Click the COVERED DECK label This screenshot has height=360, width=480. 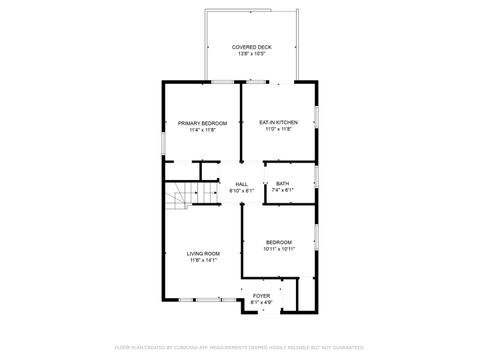click(251, 47)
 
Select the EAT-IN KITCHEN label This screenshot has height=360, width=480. click(278, 123)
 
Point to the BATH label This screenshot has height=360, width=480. click(282, 183)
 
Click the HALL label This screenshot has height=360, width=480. click(241, 184)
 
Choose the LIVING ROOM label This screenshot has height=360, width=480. click(203, 254)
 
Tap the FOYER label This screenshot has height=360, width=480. click(261, 296)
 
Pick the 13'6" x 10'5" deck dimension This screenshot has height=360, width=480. click(251, 53)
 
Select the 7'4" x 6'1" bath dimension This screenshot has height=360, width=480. click(282, 189)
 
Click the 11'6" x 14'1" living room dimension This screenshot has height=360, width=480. click(203, 260)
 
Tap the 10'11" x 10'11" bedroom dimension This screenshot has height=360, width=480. click(279, 248)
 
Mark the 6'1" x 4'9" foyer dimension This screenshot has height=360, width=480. click(261, 302)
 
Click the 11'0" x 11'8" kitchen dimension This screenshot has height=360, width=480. click(278, 130)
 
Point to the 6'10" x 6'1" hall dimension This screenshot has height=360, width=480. click(241, 190)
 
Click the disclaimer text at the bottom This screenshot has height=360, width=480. click(240, 347)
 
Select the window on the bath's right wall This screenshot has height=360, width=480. click(316, 177)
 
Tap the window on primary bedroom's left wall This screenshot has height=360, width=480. click(164, 141)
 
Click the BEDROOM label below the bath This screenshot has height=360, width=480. click(279, 242)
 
